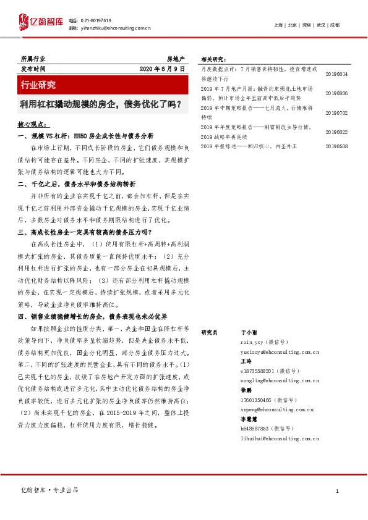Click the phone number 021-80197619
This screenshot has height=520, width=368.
(98, 20)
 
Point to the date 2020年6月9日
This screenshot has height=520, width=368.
(161, 69)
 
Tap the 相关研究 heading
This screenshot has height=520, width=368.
(214, 60)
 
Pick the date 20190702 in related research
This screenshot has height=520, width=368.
(336, 113)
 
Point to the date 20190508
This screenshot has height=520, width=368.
(336, 146)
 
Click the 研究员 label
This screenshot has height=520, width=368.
(211, 332)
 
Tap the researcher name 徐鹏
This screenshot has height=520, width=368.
(246, 391)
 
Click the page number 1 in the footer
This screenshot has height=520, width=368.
(336, 490)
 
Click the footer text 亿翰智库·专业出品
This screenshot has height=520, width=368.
(49, 490)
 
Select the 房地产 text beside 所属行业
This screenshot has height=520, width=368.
(176, 59)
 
